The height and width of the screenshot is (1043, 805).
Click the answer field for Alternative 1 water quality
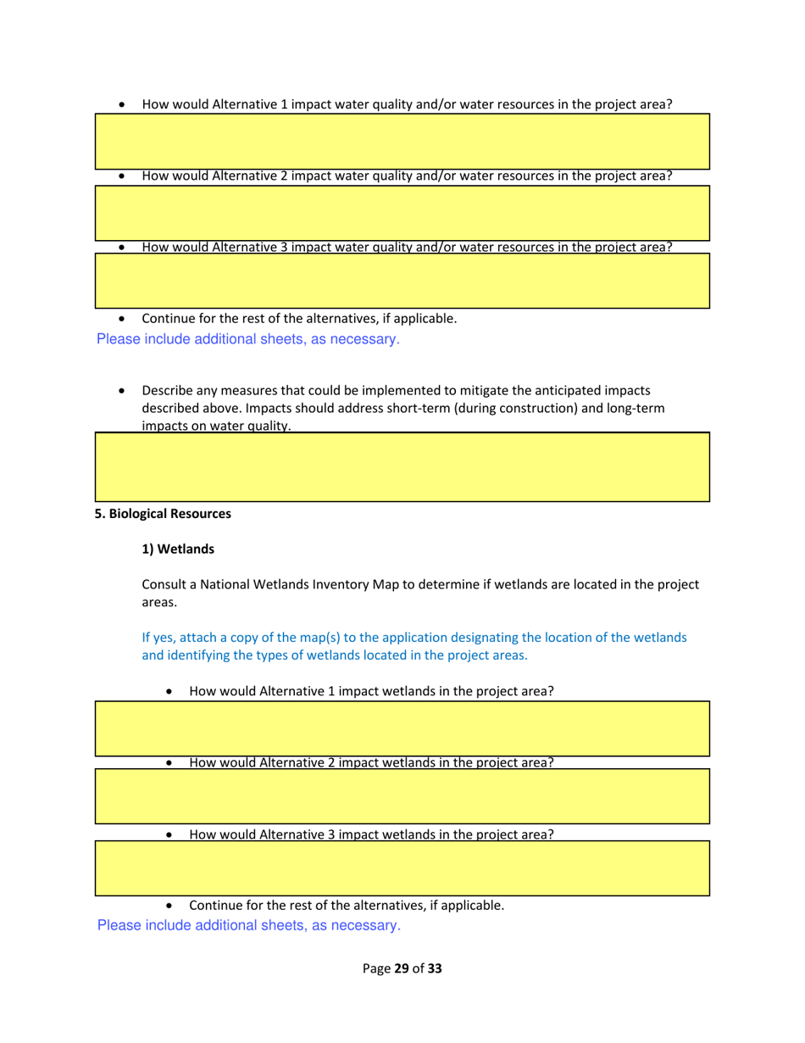[402, 141]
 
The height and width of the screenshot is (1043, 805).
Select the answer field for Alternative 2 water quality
[402, 213]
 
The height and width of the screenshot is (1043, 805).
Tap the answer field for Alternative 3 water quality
[402, 281]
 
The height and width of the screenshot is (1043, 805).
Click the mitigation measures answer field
[402, 467]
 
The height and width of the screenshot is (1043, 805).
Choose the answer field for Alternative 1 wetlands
[402, 728]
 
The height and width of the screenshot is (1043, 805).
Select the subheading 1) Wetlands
[178, 549]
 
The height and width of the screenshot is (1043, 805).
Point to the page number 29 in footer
[402, 968]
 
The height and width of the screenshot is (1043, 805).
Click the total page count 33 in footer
[435, 968]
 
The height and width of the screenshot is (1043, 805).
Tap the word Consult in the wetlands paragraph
[165, 585]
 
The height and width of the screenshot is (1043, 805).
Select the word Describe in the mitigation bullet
[167, 391]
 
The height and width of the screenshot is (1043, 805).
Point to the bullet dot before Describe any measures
[125, 392]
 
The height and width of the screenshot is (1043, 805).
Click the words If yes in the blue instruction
[156, 638]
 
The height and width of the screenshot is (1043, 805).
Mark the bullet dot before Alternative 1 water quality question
[125, 105]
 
